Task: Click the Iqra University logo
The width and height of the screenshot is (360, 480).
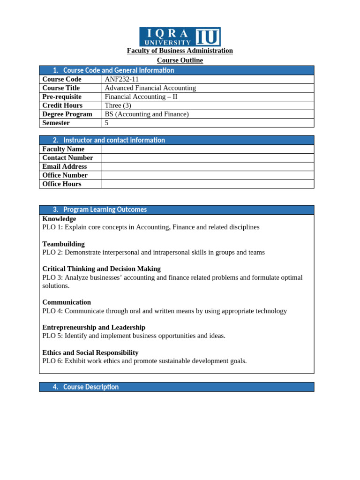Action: (x=180, y=37)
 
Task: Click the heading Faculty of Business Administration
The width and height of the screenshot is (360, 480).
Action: (x=180, y=51)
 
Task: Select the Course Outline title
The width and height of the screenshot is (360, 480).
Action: (x=180, y=60)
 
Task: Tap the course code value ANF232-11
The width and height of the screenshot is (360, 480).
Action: (x=121, y=79)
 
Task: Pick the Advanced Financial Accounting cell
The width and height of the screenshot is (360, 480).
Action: (x=150, y=88)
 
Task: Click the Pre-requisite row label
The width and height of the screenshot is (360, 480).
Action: (x=62, y=97)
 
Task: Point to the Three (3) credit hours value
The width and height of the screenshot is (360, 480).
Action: (x=118, y=105)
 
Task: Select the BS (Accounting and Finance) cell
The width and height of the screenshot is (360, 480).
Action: (x=147, y=114)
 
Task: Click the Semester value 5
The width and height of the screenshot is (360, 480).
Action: (x=107, y=123)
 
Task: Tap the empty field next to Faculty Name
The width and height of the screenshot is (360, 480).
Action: (x=208, y=149)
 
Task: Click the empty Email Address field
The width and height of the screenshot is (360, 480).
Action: (x=208, y=166)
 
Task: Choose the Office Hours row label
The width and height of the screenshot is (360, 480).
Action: (x=62, y=184)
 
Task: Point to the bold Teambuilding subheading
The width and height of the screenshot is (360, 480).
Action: (x=63, y=244)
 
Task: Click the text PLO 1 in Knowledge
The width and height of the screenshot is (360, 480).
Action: (x=52, y=227)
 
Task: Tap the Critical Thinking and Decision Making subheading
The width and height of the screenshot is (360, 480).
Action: (x=101, y=269)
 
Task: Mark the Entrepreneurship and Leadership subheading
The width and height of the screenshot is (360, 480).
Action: (x=94, y=328)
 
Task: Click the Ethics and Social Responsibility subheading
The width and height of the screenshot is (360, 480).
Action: (x=90, y=352)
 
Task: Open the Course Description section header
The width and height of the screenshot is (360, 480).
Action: (x=91, y=387)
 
